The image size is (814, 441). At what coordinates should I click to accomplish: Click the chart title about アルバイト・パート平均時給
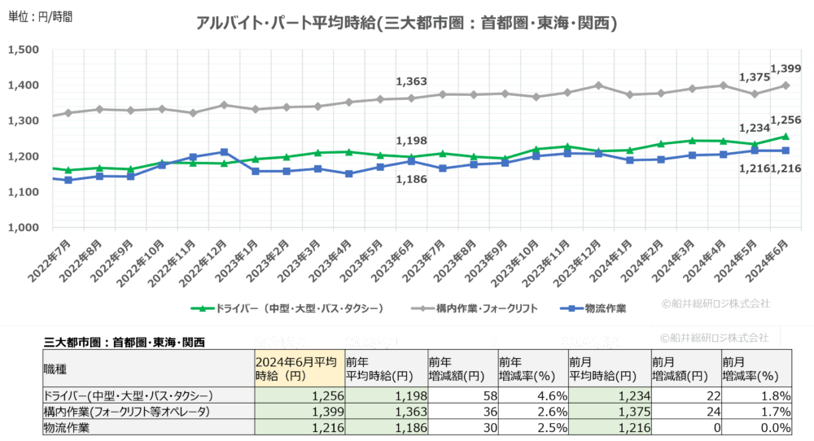(x=406, y=24)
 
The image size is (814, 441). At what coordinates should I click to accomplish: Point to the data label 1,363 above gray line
(x=411, y=81)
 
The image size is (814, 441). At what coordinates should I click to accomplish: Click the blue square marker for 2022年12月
(x=224, y=152)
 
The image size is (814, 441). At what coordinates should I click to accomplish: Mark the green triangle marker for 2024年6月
(x=786, y=137)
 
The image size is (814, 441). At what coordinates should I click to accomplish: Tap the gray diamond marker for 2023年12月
(x=598, y=85)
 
